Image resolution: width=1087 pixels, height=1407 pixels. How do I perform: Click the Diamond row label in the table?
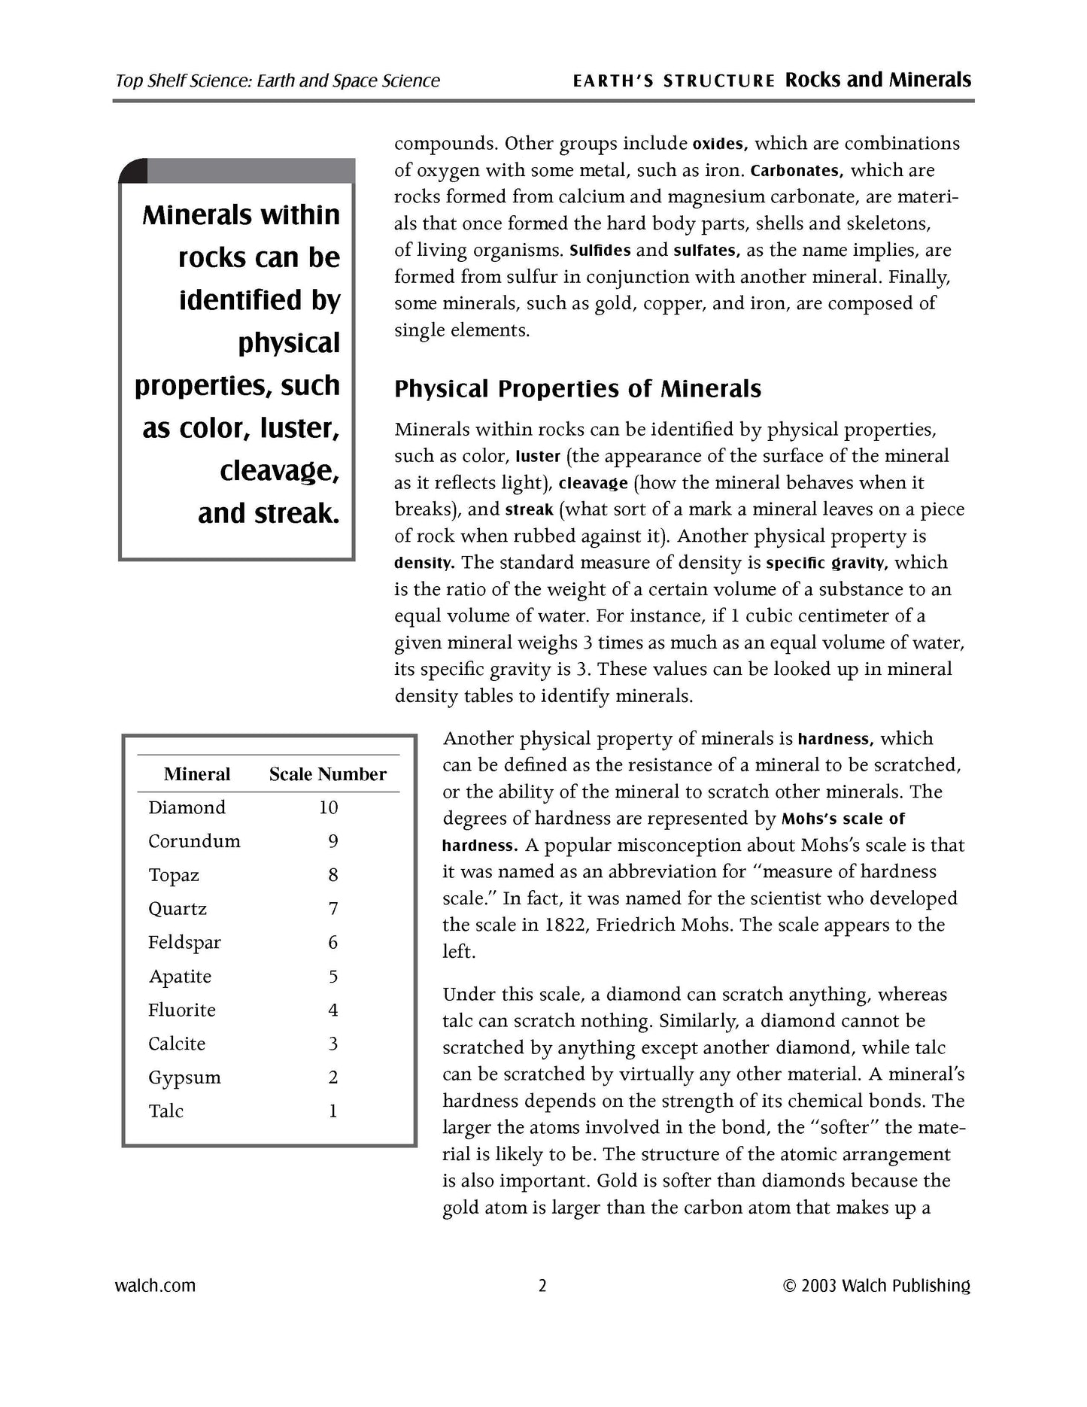(x=187, y=807)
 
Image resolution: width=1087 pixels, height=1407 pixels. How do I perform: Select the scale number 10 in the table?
(x=328, y=807)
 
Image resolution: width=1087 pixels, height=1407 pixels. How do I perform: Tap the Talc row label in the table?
(x=165, y=1111)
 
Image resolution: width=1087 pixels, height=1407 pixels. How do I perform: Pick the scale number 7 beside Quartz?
(x=333, y=909)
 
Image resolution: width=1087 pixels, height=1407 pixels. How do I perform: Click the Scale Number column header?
(x=327, y=774)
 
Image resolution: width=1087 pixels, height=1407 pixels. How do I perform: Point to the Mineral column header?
(x=197, y=774)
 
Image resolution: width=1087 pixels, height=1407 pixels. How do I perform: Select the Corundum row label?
(x=194, y=841)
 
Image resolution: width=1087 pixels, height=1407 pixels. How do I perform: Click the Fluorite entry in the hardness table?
(x=181, y=1010)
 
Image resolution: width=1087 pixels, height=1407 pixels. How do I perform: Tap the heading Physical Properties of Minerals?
(x=578, y=389)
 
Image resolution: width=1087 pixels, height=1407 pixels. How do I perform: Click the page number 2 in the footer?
(x=542, y=1285)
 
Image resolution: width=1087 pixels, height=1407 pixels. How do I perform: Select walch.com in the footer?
(x=155, y=1285)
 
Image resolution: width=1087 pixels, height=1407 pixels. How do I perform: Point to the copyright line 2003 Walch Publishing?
(x=876, y=1285)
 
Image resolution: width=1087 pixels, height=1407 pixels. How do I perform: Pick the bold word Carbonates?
(x=797, y=171)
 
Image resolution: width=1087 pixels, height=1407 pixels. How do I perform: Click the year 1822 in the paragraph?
(x=564, y=925)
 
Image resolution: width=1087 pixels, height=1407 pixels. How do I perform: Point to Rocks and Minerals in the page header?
(x=878, y=81)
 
